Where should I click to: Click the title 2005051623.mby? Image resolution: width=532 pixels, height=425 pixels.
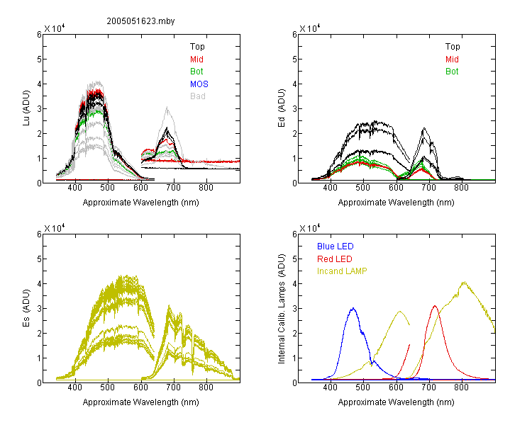[140, 21]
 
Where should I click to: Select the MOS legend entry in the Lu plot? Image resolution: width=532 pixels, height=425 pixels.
[199, 84]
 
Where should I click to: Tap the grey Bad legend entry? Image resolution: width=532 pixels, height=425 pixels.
[198, 96]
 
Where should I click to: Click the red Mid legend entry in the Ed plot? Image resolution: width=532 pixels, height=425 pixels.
[452, 59]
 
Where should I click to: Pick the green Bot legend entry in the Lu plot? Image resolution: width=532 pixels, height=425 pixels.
[196, 72]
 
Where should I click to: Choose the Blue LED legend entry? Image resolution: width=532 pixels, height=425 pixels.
[336, 246]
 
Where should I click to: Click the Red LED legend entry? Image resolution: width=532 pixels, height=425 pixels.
[335, 259]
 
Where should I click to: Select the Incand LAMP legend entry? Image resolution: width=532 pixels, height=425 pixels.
[342, 271]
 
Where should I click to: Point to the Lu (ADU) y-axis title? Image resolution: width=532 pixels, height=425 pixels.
[26, 108]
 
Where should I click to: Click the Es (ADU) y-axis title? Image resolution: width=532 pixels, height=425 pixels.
[26, 308]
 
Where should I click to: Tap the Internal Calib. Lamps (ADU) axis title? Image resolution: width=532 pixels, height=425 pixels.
[282, 309]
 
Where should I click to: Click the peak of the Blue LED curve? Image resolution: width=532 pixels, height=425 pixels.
[353, 308]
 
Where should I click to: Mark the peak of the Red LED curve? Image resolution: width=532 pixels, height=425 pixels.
[435, 306]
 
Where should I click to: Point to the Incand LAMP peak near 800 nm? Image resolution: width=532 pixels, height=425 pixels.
[464, 282]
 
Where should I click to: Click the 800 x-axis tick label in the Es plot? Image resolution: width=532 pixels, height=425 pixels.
[206, 387]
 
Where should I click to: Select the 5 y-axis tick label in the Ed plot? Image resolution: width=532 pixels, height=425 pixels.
[294, 59]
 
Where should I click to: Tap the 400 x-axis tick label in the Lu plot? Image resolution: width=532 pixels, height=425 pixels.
[74, 188]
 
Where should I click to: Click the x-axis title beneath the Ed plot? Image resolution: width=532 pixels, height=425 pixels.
[396, 203]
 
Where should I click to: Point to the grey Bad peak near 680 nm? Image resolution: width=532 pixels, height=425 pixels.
[167, 108]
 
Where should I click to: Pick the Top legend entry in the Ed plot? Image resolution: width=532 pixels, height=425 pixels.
[453, 47]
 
